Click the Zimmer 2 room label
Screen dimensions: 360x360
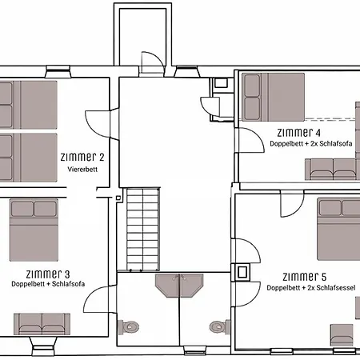tap(82, 157)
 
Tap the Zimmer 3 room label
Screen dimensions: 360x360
tap(48, 274)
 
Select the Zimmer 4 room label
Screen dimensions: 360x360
tap(298, 132)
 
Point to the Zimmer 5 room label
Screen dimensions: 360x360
tap(304, 277)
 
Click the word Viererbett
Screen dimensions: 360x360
tap(82, 169)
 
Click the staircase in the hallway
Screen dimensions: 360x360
tap(143, 229)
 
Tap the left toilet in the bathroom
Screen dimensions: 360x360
tap(129, 326)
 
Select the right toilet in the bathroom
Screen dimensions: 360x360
tap(220, 326)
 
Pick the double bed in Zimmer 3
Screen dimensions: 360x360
tap(34, 230)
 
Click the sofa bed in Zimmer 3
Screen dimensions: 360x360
tap(42, 324)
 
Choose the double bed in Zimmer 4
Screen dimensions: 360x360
tap(274, 97)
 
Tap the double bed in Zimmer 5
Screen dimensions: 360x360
tap(338, 229)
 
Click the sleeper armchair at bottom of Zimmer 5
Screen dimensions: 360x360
tap(342, 335)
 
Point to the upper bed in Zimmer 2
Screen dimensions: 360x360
tap(29, 105)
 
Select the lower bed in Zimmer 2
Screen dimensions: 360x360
tap(29, 158)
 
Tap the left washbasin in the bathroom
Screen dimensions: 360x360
tap(167, 286)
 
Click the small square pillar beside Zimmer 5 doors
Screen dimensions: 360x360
tap(242, 273)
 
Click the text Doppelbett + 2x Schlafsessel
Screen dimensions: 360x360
tap(311, 288)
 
